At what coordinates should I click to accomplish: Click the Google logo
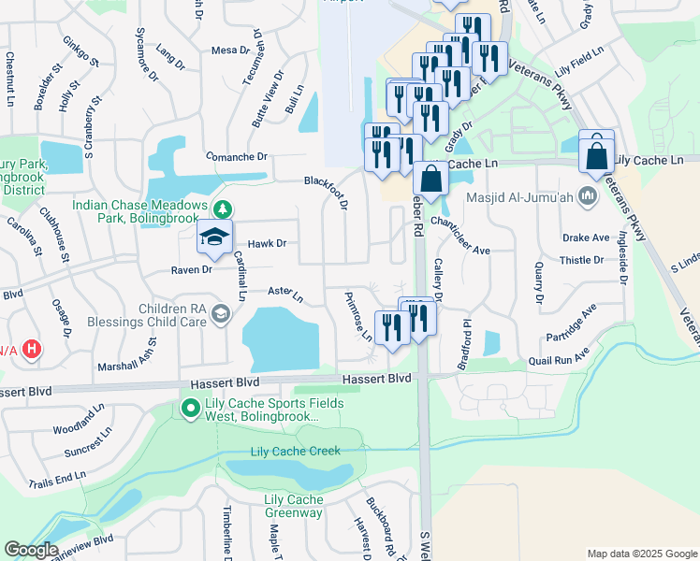click(30, 550)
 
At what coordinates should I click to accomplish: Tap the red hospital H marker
click(32, 350)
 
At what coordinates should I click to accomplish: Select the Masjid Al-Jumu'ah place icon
click(588, 196)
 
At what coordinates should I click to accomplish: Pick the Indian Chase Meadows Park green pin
click(222, 207)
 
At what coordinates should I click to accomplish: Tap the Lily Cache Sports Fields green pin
click(189, 408)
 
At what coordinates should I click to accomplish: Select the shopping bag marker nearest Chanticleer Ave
click(430, 178)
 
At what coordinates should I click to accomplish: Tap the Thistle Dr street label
click(582, 260)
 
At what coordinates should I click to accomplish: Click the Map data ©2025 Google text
click(640, 553)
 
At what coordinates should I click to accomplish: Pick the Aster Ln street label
click(285, 295)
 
